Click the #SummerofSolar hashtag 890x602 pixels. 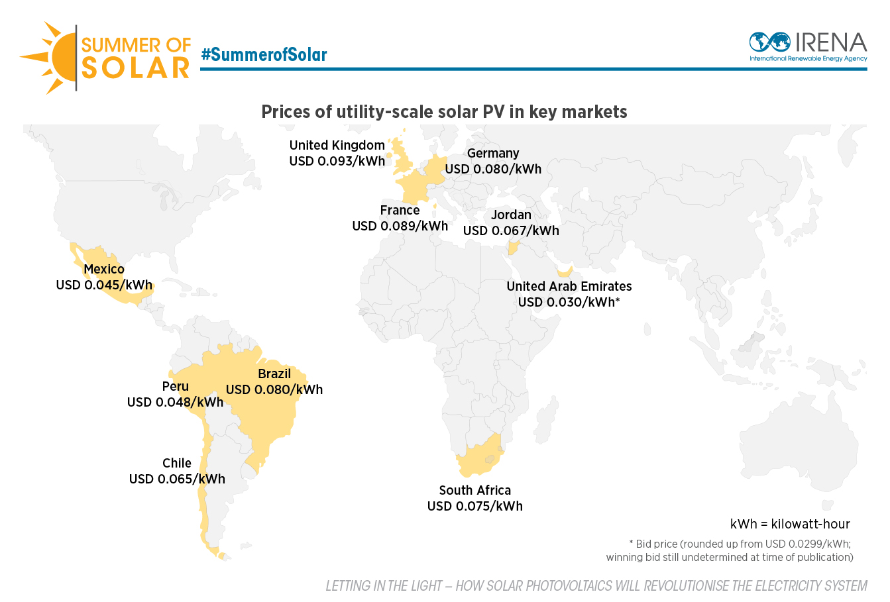pyautogui.click(x=264, y=54)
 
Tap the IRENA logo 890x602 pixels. pyautogui.click(x=808, y=46)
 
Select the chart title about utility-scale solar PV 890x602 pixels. pyautogui.click(x=444, y=111)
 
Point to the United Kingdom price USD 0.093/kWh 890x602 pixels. pyautogui.click(x=337, y=161)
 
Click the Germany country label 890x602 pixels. pyautogui.click(x=493, y=153)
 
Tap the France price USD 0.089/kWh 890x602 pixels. pyautogui.click(x=400, y=226)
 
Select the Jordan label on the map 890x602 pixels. pyautogui.click(x=511, y=215)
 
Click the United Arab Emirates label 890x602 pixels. pyautogui.click(x=569, y=286)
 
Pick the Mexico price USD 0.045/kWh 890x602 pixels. pyautogui.click(x=104, y=285)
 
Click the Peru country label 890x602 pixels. pyautogui.click(x=176, y=386)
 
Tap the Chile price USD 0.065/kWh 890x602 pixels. pyautogui.click(x=177, y=479)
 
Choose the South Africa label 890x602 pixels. pyautogui.click(x=474, y=490)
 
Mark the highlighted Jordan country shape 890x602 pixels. pyautogui.click(x=512, y=249)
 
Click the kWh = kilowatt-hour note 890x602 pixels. pyautogui.click(x=790, y=524)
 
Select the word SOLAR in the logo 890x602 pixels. pyautogui.click(x=136, y=68)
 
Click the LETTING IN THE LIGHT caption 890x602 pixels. pyautogui.click(x=596, y=585)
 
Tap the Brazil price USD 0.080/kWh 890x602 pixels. pyautogui.click(x=274, y=389)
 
